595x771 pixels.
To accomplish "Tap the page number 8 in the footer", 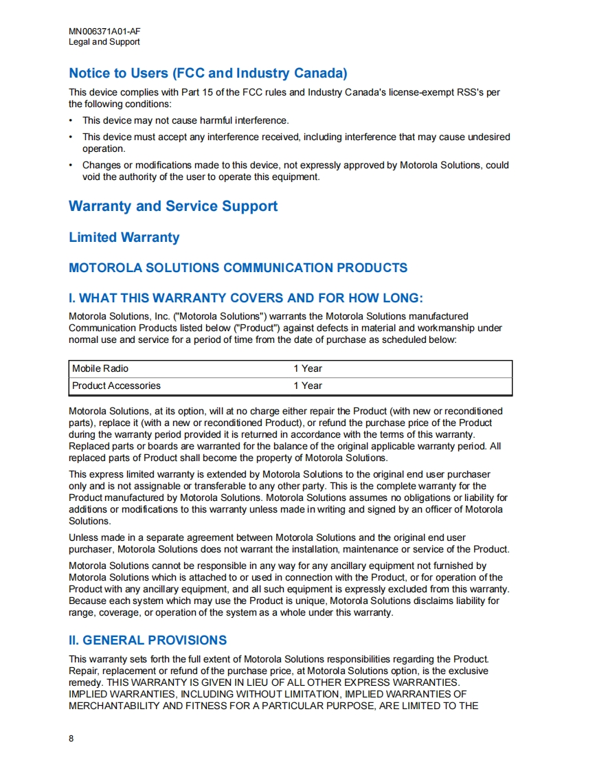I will [x=71, y=739].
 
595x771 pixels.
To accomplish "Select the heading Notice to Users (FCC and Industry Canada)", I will [x=207, y=74].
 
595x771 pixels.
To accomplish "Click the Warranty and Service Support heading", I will [x=173, y=206].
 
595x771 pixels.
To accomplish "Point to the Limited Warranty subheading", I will [x=124, y=238].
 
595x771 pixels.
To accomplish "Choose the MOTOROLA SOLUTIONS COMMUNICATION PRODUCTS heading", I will [x=238, y=268].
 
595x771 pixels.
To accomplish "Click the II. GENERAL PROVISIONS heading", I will [x=148, y=640].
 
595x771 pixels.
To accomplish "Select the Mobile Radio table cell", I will [x=100, y=369].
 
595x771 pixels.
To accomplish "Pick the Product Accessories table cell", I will [x=116, y=386].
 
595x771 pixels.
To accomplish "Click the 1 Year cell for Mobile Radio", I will [x=308, y=369].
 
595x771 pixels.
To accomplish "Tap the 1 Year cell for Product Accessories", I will [x=308, y=386].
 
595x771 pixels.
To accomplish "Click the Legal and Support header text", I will [x=104, y=42].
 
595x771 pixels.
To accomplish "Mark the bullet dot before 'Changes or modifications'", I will [x=71, y=166].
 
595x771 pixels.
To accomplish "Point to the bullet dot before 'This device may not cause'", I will [x=71, y=121].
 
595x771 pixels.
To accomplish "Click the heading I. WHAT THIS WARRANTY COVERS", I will [x=246, y=298].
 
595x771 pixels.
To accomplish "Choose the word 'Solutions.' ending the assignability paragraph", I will [x=89, y=522].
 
